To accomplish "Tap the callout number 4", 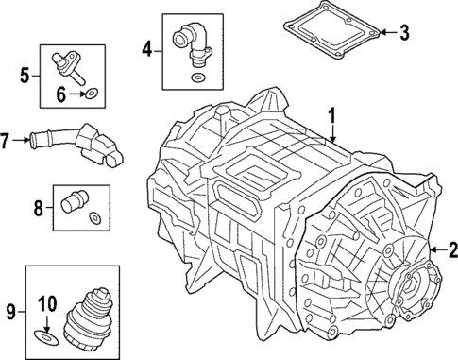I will pyautogui.click(x=147, y=47).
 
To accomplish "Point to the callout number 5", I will pyautogui.click(x=26, y=72).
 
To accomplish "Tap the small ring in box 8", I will pyautogui.click(x=93, y=219).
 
